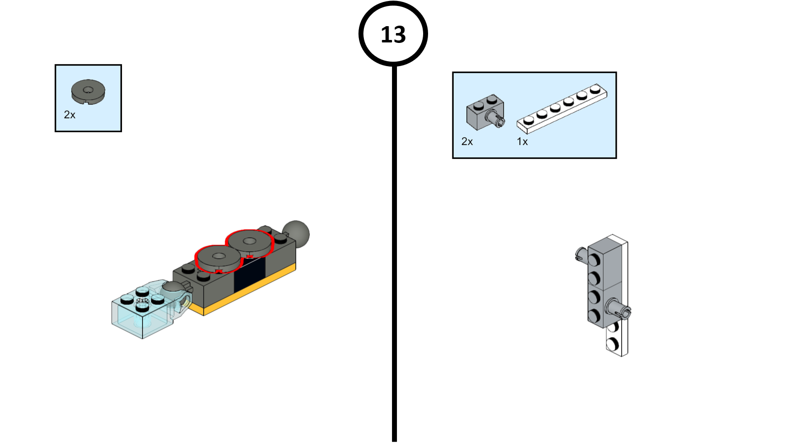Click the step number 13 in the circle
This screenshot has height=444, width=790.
coord(393,35)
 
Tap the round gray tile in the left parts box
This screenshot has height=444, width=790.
coord(88,91)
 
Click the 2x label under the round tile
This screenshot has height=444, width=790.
coord(70,115)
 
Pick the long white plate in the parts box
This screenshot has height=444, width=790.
coord(562,108)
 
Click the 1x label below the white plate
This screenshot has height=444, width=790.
coord(522,142)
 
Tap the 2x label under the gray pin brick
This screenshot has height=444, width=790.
coord(467,142)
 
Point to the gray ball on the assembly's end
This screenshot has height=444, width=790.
coord(296,233)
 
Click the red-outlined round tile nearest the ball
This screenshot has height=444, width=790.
coord(250,242)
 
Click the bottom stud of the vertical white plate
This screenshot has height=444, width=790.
coord(613,344)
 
